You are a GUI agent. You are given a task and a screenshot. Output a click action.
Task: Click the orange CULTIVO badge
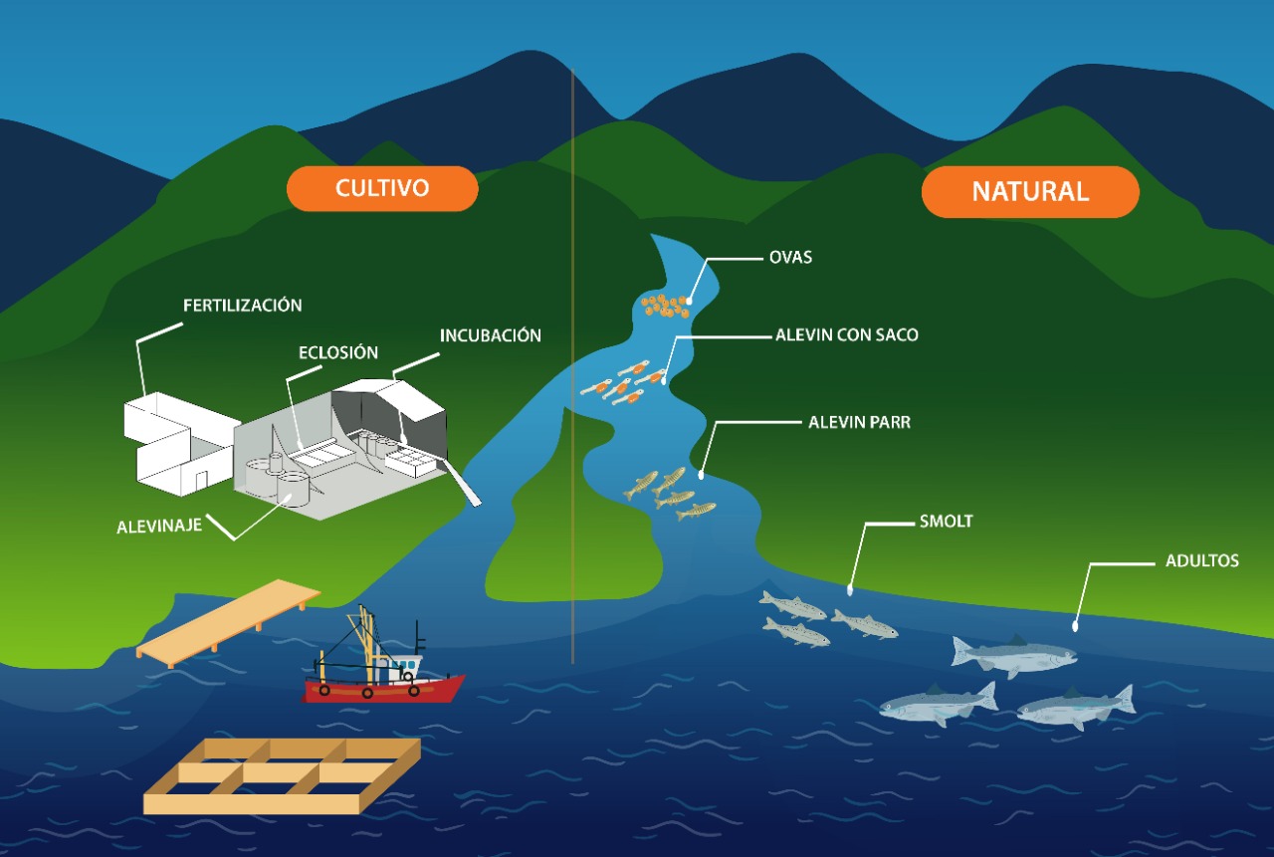click(x=382, y=188)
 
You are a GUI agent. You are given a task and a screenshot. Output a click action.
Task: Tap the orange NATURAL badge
click(x=1030, y=191)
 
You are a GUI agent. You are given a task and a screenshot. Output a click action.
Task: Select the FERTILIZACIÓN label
click(x=242, y=305)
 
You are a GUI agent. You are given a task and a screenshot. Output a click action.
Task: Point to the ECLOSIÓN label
click(x=338, y=352)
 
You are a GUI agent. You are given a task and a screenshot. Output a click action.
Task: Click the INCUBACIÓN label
click(x=491, y=335)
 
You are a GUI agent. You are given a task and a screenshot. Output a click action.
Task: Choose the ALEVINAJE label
click(x=159, y=526)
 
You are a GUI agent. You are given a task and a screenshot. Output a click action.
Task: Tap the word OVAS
click(x=791, y=257)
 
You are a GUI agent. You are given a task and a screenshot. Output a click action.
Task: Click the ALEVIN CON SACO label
click(x=847, y=335)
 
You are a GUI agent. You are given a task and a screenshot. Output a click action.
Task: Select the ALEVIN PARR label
click(x=859, y=422)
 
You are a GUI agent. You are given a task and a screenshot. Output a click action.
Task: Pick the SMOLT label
click(x=946, y=521)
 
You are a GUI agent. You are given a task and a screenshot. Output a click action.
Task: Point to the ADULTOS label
click(x=1202, y=560)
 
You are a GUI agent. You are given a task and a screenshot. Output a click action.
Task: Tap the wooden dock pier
click(x=228, y=622)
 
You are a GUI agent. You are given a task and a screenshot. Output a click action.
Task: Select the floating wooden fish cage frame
click(x=283, y=775)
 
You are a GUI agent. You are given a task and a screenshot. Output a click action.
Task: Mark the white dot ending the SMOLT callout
click(x=850, y=590)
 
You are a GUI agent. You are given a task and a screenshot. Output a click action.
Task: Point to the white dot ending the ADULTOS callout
click(x=1075, y=626)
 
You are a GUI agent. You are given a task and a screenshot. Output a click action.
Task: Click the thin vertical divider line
click(x=572, y=398)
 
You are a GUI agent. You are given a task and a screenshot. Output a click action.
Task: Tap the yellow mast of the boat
click(x=365, y=637)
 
